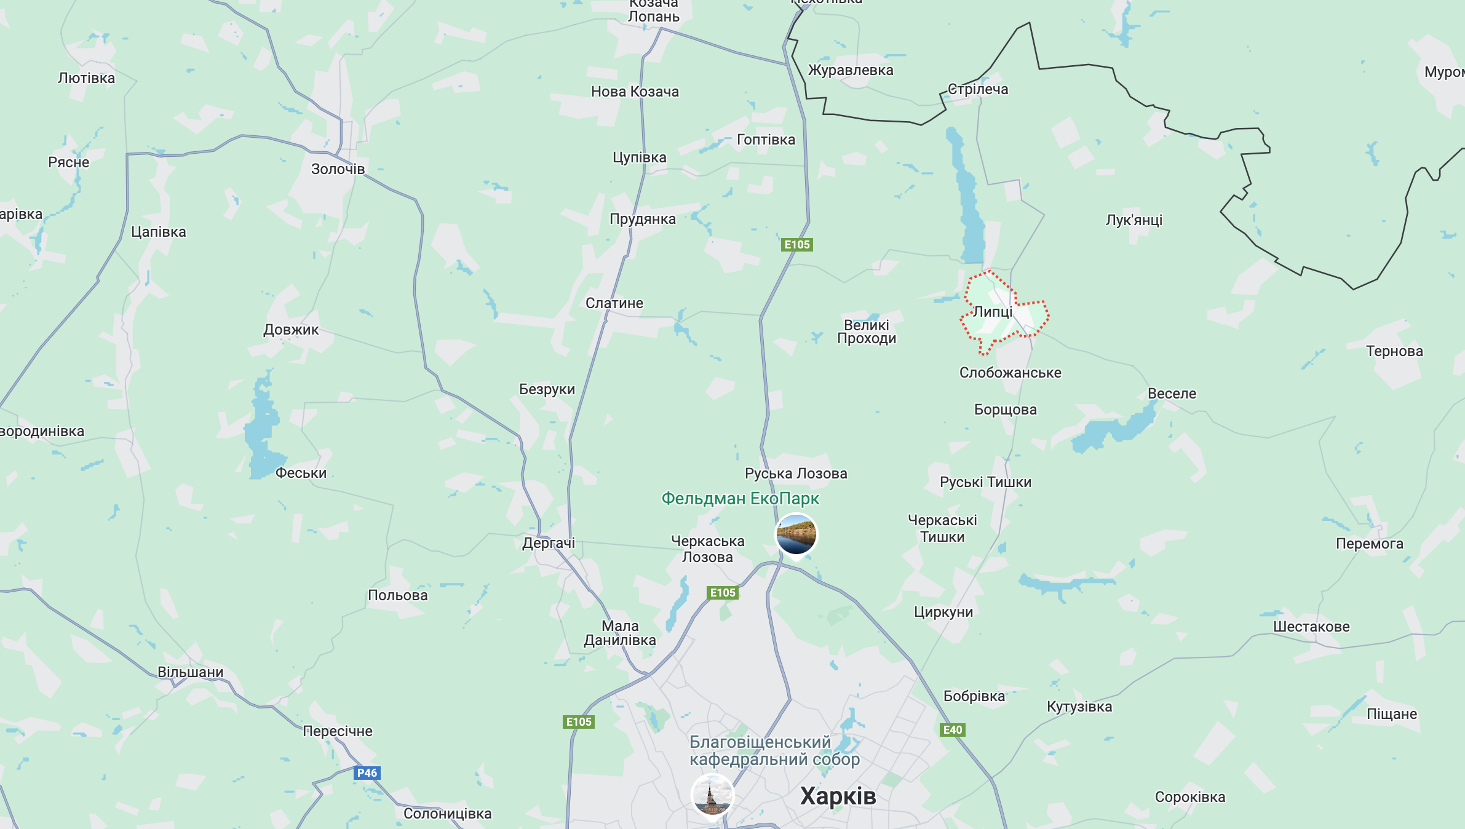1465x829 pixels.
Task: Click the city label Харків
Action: tap(838, 796)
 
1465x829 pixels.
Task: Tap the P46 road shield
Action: tap(367, 773)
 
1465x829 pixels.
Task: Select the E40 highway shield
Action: tap(953, 730)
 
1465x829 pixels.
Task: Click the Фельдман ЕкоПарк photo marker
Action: tap(796, 534)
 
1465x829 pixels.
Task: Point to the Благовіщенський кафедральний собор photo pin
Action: tap(712, 795)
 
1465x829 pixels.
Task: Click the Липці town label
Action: tap(993, 312)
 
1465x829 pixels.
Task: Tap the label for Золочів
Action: tap(338, 169)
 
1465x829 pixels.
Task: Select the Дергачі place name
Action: tap(549, 543)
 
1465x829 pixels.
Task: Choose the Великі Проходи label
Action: tap(867, 331)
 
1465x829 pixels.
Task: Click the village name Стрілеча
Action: tap(978, 89)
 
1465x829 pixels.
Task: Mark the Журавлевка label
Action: tap(851, 70)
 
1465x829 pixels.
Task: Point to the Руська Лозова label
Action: tap(796, 474)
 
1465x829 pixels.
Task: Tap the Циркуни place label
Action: tap(943, 612)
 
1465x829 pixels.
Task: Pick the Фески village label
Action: tap(301, 473)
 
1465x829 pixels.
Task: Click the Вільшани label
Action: tap(191, 672)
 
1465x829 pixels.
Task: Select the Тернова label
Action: tap(1394, 351)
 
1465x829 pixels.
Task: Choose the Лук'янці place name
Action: tap(1134, 220)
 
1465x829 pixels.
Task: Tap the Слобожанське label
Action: tap(1010, 373)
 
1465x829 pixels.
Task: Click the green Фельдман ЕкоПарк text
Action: tap(740, 499)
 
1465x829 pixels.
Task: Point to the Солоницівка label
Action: tap(448, 814)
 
